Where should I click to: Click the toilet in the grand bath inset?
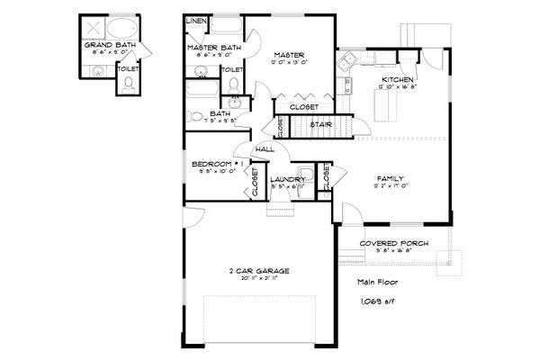coord(127,84)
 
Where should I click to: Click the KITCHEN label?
coord(397,81)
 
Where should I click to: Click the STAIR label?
coord(322,125)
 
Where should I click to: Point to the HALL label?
coord(265,149)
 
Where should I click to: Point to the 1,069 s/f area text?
coord(373,300)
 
